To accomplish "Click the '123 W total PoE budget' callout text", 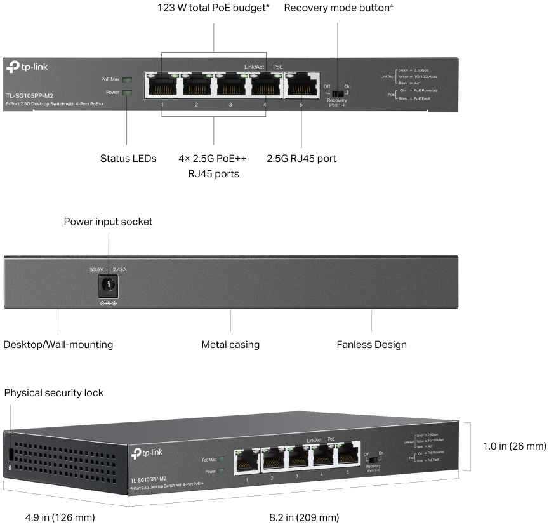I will point(213,8).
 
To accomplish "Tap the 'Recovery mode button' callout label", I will point(339,8).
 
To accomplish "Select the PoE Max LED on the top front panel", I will point(127,80).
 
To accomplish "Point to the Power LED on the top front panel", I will point(127,93).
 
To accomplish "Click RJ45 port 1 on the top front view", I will point(162,84).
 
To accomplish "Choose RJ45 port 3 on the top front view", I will point(230,84).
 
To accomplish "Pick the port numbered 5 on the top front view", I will point(301,84).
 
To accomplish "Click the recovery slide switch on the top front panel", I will point(337,93).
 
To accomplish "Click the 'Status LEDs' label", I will point(128,158).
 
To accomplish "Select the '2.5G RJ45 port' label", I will point(301,158).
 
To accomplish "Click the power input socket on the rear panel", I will point(107,288).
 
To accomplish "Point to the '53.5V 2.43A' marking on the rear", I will point(112,270).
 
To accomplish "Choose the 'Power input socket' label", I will point(108,222).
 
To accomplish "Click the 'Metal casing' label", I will point(230,345).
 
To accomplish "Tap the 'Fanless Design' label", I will point(371,345).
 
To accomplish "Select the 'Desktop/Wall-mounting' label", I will point(58,345).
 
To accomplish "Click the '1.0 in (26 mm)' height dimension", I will point(515,446).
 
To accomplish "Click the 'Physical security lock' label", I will point(54,393).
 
